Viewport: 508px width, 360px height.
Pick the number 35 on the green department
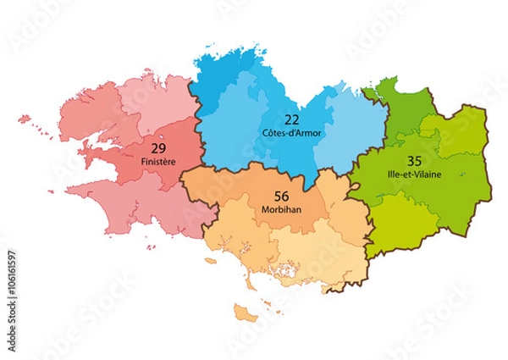tap(415, 161)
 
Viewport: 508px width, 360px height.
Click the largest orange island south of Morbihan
tap(246, 314)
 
